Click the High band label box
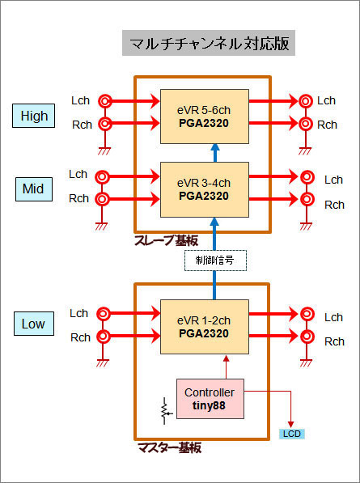click(33, 116)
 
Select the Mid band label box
click(34, 189)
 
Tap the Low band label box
click(34, 324)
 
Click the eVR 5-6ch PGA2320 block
click(205, 117)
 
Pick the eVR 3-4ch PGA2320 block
click(205, 189)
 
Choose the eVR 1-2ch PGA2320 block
click(205, 327)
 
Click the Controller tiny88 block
click(210, 399)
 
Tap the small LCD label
click(291, 434)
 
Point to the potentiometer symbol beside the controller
click(166, 411)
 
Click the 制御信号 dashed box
click(215, 261)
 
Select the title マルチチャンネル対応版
click(209, 43)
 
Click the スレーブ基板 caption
click(166, 240)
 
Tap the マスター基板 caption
click(169, 447)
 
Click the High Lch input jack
click(105, 101)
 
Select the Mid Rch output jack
click(307, 199)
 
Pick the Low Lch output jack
click(307, 314)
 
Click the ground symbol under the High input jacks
click(104, 151)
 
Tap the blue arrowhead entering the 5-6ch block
click(215, 148)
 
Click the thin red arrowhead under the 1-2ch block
click(227, 359)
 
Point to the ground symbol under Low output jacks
click(306, 363)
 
